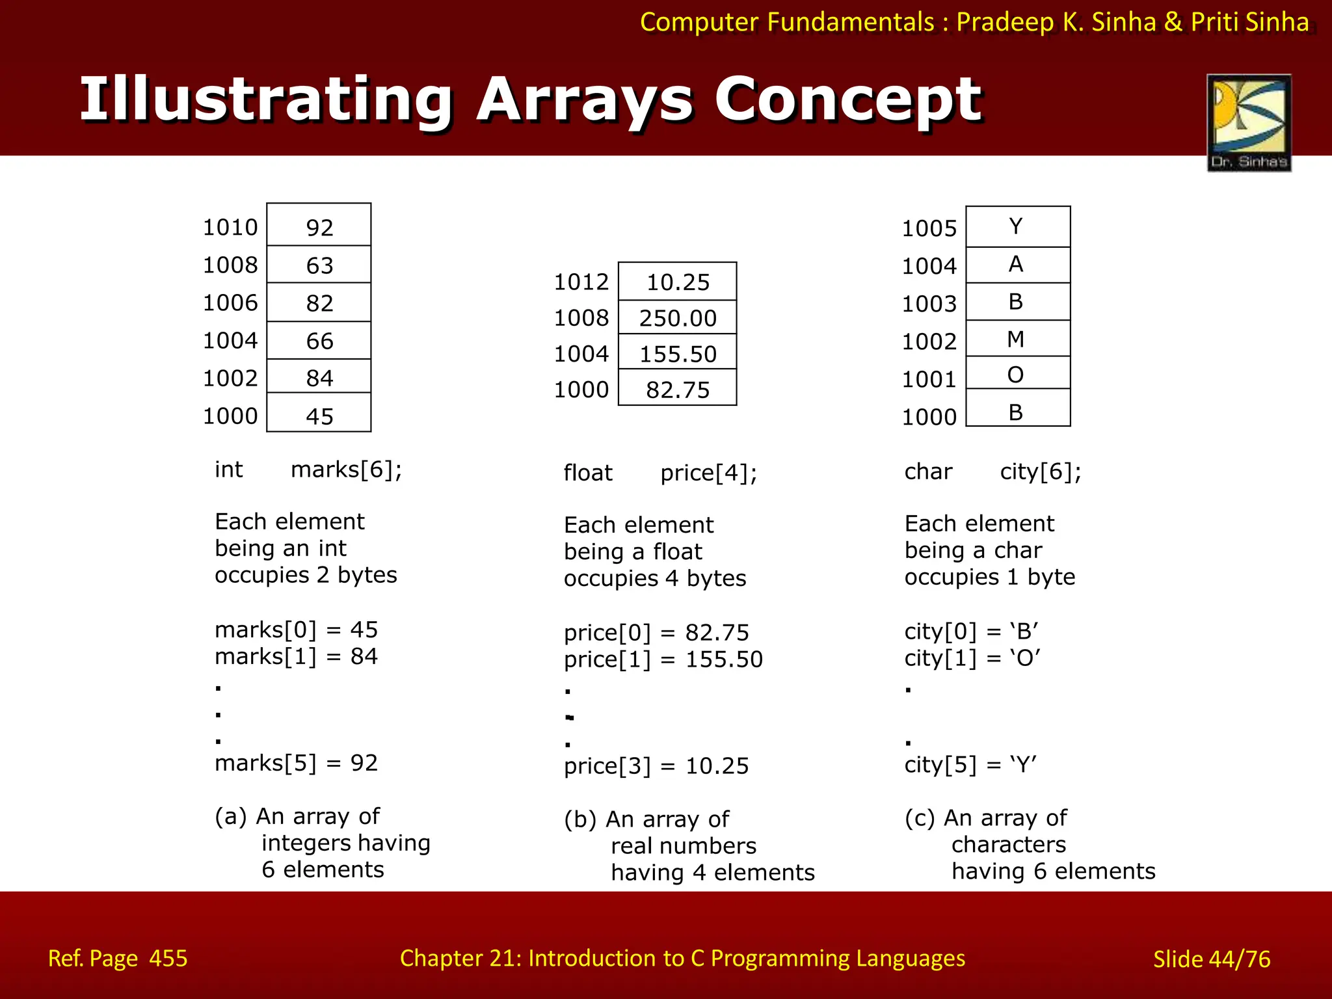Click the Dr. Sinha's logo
coord(1249,122)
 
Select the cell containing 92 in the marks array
coord(319,225)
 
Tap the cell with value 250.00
coord(677,317)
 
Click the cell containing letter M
coord(1017,338)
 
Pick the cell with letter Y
coord(1017,226)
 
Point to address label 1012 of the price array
coord(581,282)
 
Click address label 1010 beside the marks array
coord(230,227)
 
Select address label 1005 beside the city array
coord(929,228)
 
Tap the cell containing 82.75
coord(677,389)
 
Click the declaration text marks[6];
coord(346,470)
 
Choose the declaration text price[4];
coord(708,473)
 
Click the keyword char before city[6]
coord(928,472)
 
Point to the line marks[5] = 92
coord(296,763)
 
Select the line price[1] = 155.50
coord(663,659)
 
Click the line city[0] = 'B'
coord(971,632)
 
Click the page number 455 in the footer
coord(168,958)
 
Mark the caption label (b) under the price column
coord(580,819)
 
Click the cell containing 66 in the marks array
coord(319,340)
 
